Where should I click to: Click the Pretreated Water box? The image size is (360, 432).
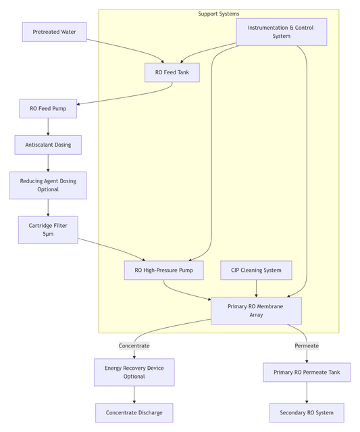[x=55, y=32]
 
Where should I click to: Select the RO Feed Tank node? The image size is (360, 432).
[x=172, y=72]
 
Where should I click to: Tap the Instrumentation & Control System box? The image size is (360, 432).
[x=282, y=32]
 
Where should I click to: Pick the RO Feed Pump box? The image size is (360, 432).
[x=48, y=108]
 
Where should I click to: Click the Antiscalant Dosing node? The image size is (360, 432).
[x=48, y=145]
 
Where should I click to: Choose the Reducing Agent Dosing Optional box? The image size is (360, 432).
[x=48, y=185]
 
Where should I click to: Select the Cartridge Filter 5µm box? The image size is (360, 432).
[x=48, y=229]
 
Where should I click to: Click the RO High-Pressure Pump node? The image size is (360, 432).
[x=163, y=270]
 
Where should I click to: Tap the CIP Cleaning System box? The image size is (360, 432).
[x=256, y=270]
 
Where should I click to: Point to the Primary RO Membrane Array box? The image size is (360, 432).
[x=256, y=310]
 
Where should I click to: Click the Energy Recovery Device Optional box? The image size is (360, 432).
[x=134, y=372]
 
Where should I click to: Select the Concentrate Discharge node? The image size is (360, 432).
[x=134, y=412]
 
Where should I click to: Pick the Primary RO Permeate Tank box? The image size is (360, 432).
[x=307, y=372]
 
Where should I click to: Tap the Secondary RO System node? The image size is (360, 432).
[x=307, y=412]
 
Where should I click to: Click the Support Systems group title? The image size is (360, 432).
[x=218, y=14]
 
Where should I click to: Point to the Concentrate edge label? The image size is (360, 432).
[x=134, y=345]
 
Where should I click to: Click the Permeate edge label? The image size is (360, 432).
[x=307, y=345]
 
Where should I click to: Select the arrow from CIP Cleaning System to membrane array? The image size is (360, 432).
[x=256, y=289]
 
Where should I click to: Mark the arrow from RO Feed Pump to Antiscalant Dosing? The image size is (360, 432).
[x=48, y=126]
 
